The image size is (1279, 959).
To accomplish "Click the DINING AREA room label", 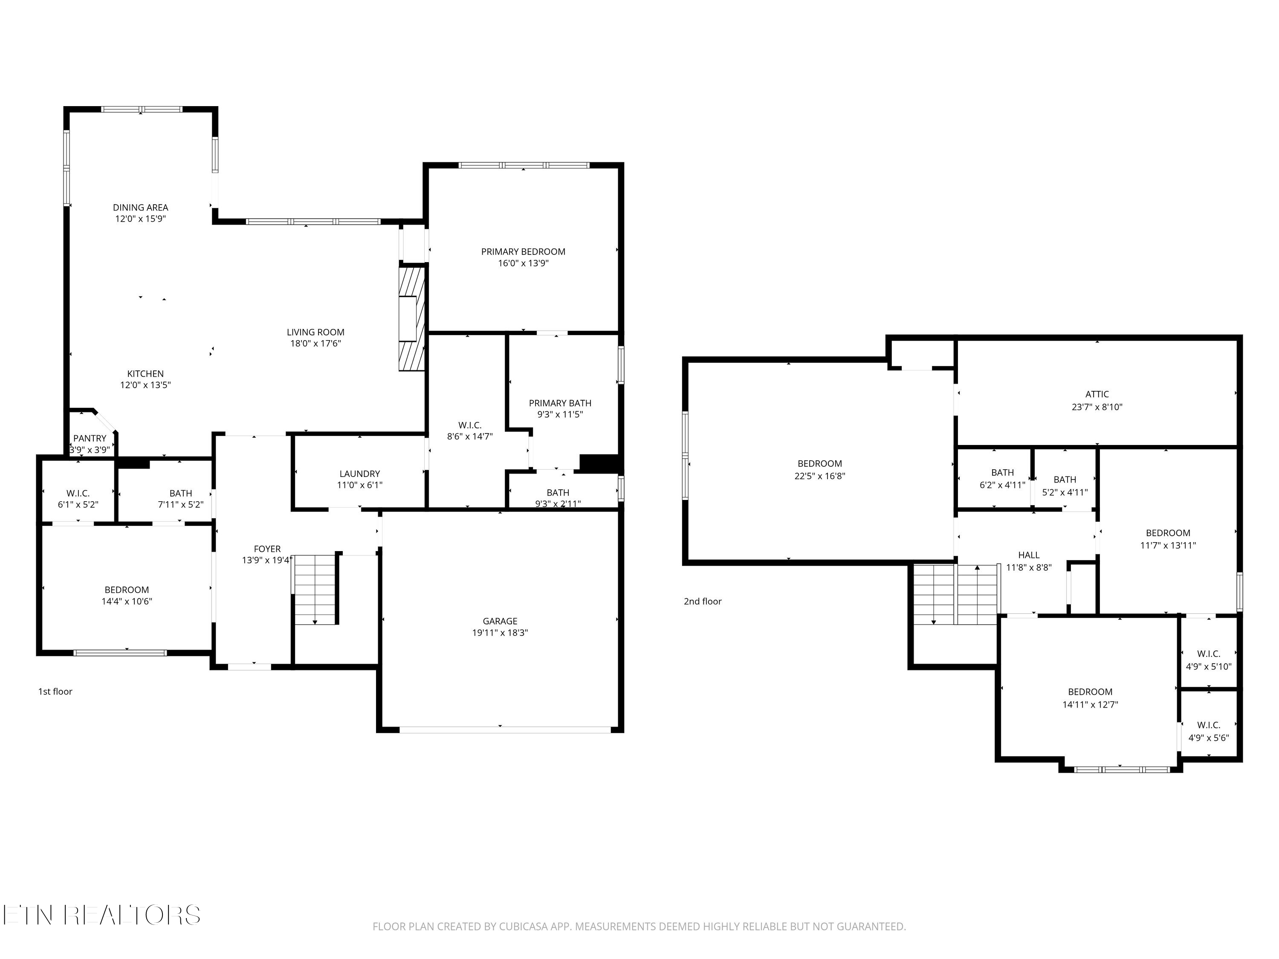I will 141,207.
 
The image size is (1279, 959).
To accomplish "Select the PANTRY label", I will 90,438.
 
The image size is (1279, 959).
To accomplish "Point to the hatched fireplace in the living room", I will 411,318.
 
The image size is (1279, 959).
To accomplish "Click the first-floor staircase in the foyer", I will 315,589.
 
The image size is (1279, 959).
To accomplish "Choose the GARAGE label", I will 500,621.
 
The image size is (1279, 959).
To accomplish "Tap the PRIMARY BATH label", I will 560,403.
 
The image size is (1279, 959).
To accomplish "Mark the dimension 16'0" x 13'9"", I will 523,263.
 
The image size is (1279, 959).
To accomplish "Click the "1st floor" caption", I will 55,691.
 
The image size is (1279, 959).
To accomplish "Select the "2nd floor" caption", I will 703,601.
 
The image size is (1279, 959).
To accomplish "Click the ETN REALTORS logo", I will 102,915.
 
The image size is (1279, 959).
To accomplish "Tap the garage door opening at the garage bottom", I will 505,730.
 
